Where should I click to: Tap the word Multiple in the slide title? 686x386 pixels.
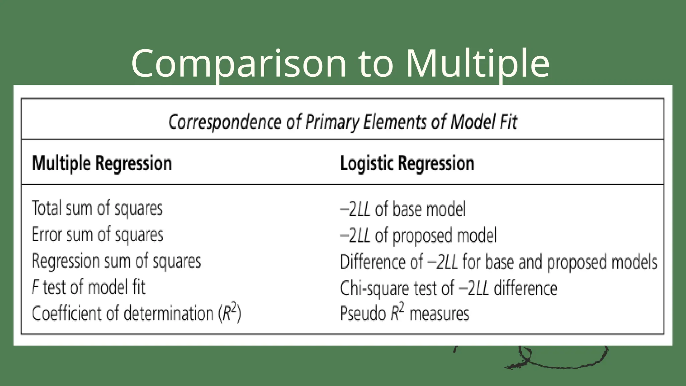478,64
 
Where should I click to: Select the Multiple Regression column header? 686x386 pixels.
102,164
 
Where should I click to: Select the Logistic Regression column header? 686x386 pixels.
407,164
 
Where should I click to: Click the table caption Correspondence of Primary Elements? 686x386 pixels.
343,122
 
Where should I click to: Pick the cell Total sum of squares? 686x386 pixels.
97,208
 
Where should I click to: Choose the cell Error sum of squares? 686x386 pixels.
97,235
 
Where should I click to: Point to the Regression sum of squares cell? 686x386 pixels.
116,261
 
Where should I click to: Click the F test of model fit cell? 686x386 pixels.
88,287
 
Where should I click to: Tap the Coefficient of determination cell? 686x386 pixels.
136,314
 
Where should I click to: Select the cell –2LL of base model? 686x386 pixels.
403,209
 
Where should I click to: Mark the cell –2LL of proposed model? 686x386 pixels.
418,236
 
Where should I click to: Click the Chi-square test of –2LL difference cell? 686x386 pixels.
449,288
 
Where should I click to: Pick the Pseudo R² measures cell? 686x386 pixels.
404,314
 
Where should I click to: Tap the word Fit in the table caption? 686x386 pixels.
509,122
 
